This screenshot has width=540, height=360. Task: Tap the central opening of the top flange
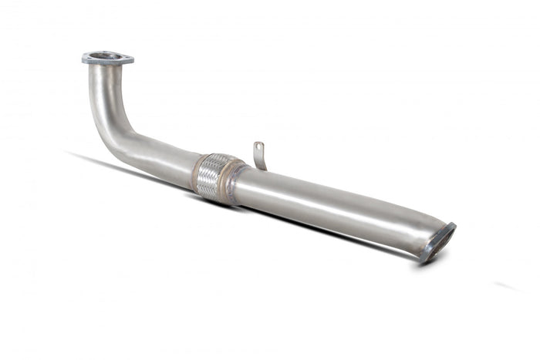click(x=107, y=56)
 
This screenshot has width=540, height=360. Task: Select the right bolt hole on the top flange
click(x=126, y=57)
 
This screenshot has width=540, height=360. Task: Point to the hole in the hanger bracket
click(x=259, y=146)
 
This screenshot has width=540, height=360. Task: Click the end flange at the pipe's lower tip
click(x=439, y=242)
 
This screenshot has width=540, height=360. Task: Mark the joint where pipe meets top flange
click(x=106, y=67)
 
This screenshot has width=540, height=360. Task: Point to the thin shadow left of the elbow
click(x=85, y=158)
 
